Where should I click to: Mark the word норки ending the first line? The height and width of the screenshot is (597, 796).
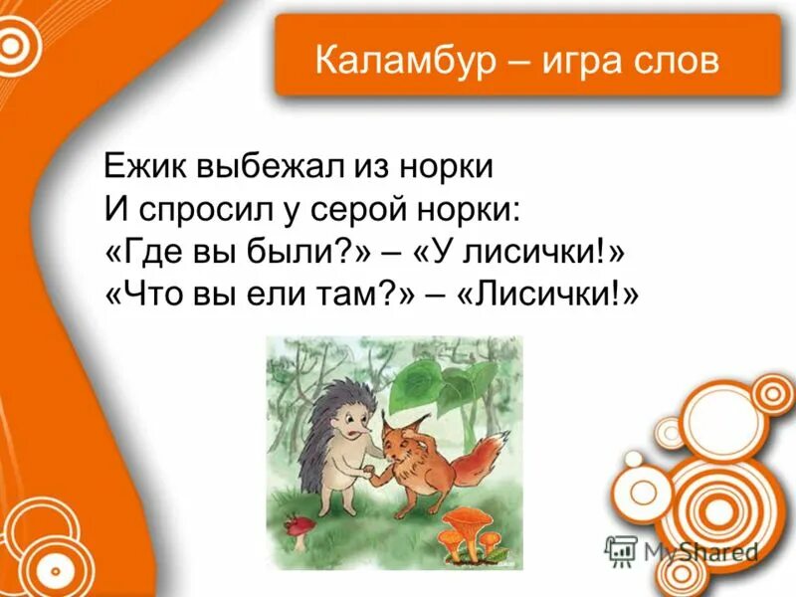pos(448,166)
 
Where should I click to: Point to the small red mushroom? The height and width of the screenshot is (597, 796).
pos(296,525)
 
